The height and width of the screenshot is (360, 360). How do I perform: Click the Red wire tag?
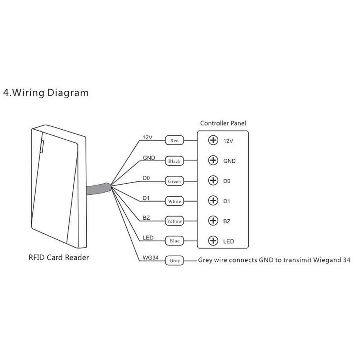click(174, 141)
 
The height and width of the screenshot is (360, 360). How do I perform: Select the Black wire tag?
click(174, 161)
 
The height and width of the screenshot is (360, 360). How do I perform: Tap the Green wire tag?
click(174, 181)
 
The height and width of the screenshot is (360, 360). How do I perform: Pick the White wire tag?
click(174, 201)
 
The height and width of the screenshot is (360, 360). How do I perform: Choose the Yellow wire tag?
click(174, 221)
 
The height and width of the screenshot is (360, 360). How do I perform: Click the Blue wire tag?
click(174, 241)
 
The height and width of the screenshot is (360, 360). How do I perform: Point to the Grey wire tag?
click(174, 261)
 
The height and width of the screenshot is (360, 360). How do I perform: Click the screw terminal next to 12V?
click(213, 140)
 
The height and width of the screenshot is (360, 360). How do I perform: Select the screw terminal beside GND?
click(213, 161)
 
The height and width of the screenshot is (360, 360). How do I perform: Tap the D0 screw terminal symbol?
click(213, 181)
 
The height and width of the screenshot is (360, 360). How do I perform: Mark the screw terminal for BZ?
click(213, 221)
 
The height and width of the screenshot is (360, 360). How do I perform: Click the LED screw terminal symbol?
click(213, 240)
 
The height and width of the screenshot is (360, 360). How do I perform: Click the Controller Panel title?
click(223, 123)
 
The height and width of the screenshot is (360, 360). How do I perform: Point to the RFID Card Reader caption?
click(58, 258)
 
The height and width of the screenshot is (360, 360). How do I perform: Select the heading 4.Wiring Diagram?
click(45, 93)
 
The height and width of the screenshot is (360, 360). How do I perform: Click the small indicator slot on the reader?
click(41, 146)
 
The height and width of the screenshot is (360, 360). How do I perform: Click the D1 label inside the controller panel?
click(226, 201)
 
